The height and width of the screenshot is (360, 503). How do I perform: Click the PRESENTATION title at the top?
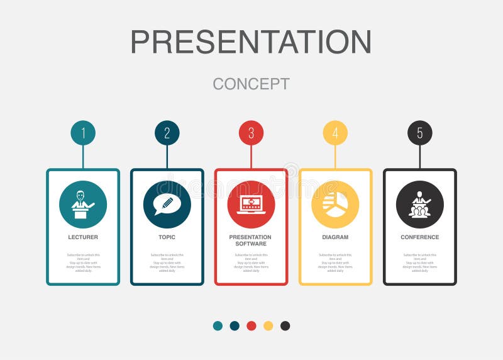point(251,42)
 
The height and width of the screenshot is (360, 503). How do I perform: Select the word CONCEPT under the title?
point(251,84)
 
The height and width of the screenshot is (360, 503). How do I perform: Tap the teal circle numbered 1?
point(83,133)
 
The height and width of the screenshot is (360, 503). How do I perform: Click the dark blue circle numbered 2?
point(167,133)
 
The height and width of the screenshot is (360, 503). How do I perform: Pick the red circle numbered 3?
point(251,133)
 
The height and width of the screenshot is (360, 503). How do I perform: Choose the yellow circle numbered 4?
point(335,133)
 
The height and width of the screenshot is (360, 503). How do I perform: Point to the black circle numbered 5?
point(419,133)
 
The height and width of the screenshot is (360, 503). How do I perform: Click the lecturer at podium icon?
point(83,205)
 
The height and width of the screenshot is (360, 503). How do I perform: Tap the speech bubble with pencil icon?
point(167,205)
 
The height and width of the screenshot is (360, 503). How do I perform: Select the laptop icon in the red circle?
point(251,205)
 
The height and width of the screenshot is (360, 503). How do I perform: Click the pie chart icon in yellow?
point(335,205)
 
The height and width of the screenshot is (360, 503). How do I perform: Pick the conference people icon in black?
point(419,205)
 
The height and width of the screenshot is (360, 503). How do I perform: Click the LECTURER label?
point(83,237)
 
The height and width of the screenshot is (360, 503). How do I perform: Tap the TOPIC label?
point(167,237)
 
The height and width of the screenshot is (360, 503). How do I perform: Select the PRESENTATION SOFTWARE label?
point(251,240)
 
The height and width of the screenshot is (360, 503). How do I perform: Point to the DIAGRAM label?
point(335,237)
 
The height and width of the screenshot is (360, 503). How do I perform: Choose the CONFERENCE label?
point(419,237)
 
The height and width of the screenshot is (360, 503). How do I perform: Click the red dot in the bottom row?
point(251,325)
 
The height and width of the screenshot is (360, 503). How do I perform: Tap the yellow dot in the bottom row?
point(268,325)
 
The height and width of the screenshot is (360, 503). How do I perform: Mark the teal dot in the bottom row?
point(218,325)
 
